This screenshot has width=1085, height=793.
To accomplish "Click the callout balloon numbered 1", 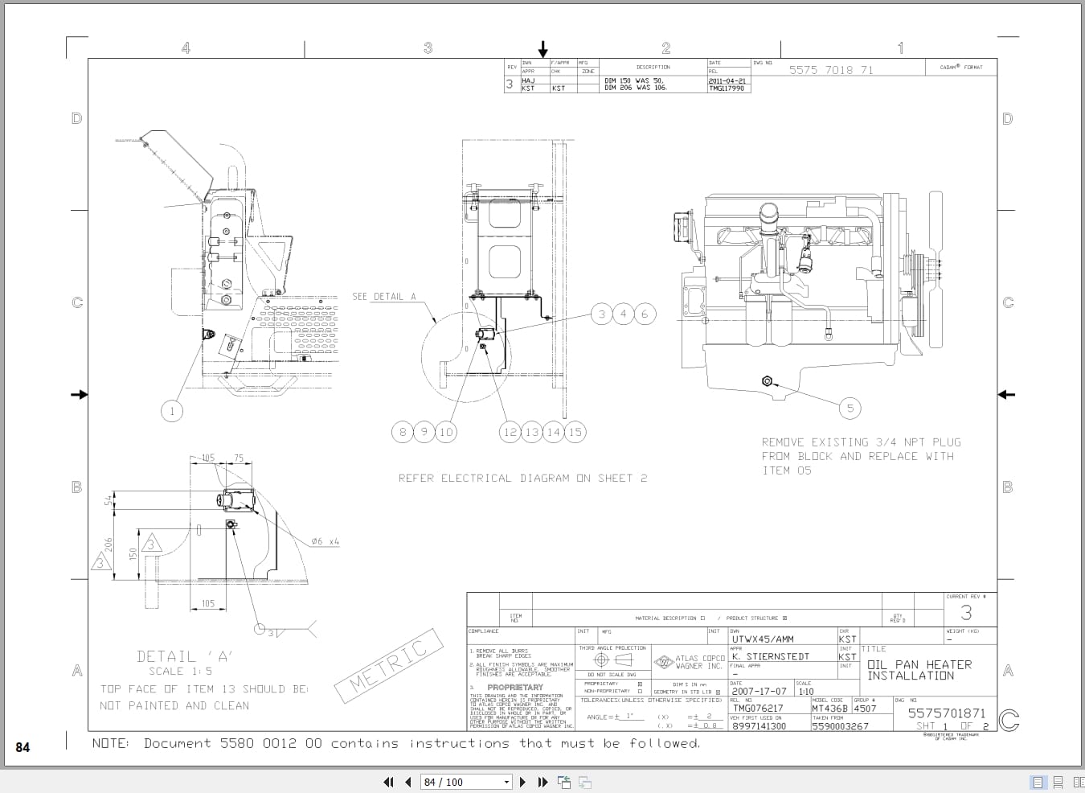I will pyautogui.click(x=171, y=412).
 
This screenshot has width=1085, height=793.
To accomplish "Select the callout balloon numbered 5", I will pyautogui.click(x=850, y=408).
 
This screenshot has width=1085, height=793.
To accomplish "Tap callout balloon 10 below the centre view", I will pyautogui.click(x=446, y=432).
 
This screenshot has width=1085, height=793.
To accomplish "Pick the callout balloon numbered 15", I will pyautogui.click(x=575, y=432).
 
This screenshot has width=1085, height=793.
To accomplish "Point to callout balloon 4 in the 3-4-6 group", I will pyautogui.click(x=623, y=314).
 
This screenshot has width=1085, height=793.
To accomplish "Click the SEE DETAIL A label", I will pyautogui.click(x=384, y=297).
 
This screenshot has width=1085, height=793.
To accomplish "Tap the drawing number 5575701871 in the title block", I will pyautogui.click(x=946, y=713).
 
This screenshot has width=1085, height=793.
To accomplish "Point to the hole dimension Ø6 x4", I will pyautogui.click(x=325, y=542).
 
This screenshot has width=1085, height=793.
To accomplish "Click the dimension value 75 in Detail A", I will pyautogui.click(x=239, y=458).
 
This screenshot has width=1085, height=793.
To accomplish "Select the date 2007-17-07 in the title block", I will pyautogui.click(x=759, y=691).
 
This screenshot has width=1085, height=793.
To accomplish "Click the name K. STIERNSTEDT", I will pyautogui.click(x=770, y=656).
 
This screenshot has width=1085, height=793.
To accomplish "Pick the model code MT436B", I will pyautogui.click(x=829, y=709).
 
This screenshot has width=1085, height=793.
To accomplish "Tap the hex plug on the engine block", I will pyautogui.click(x=767, y=381).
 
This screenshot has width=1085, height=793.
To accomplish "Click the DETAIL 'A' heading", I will pyautogui.click(x=184, y=656).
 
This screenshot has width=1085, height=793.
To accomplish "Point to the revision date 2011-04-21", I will pyautogui.click(x=727, y=81).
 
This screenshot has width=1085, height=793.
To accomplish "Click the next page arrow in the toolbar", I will pyautogui.click(x=523, y=782).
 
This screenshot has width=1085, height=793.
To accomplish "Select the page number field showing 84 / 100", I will pyautogui.click(x=461, y=782).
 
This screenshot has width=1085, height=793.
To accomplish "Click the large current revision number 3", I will pyautogui.click(x=966, y=613).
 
